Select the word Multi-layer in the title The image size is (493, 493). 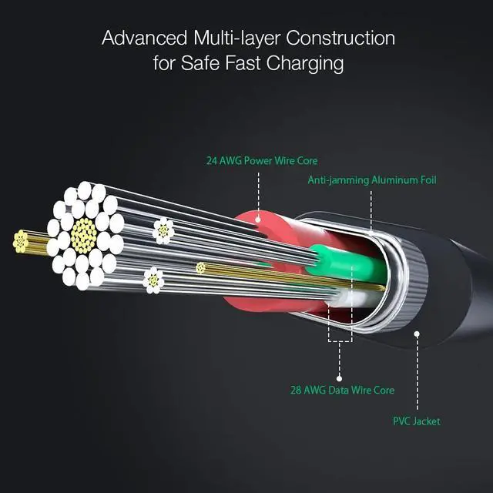pyautogui.click(x=235, y=38)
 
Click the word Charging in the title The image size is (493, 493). pyautogui.click(x=304, y=63)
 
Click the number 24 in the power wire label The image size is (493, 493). pyautogui.click(x=212, y=161)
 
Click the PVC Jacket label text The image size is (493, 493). pyautogui.click(x=416, y=421)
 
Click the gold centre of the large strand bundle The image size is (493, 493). pyautogui.click(x=83, y=235)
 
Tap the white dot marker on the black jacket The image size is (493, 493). pyautogui.click(x=417, y=334)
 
